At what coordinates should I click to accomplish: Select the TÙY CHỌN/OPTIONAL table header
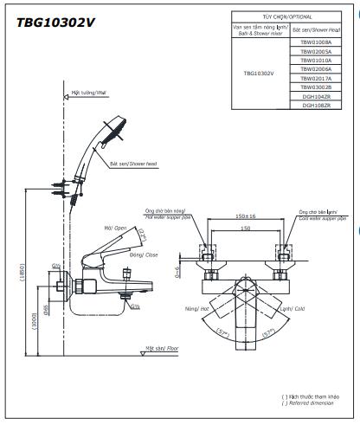[282, 16]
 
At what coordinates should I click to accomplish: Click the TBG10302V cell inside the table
[259, 74]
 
